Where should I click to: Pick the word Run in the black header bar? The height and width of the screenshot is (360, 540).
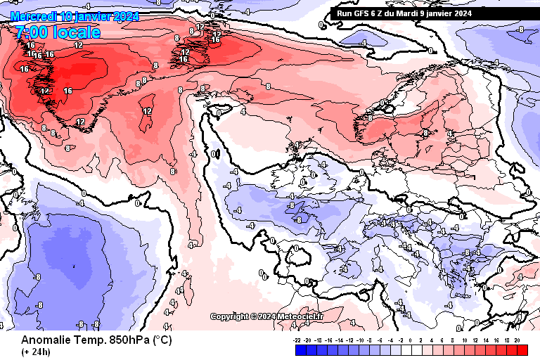345,13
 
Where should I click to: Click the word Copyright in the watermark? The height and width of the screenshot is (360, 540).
230,317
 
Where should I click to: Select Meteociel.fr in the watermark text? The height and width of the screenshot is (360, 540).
300,317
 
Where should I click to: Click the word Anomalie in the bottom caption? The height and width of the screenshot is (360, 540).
44,340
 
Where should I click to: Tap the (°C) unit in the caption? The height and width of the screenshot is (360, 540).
162,340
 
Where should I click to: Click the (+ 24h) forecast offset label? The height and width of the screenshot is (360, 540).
35,352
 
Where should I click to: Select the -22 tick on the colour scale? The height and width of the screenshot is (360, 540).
297,340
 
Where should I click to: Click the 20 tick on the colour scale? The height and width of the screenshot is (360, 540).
517,340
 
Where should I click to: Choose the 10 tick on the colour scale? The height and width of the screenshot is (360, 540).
465,340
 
